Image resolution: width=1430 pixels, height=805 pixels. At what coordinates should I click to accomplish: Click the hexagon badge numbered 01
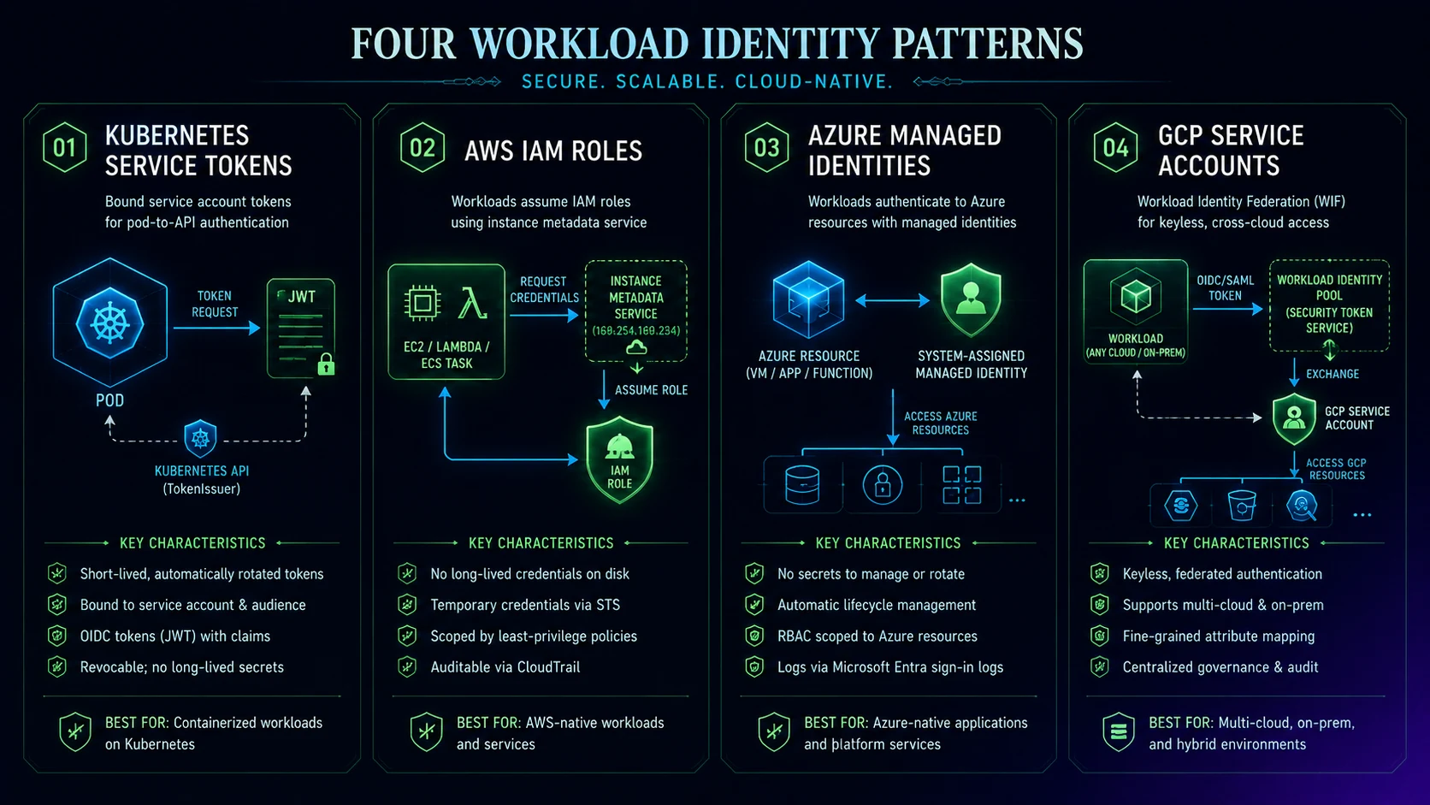[x=64, y=147]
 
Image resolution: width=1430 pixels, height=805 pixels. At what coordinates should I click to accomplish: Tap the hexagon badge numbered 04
[x=1115, y=147]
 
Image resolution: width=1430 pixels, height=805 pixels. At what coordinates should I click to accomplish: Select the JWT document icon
[x=301, y=329]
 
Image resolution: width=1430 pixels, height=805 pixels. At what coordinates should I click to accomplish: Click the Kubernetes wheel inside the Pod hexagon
[x=109, y=323]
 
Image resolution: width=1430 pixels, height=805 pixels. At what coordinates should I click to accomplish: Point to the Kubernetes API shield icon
[x=200, y=439]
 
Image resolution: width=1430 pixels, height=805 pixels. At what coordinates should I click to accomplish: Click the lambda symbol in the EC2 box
[x=472, y=303]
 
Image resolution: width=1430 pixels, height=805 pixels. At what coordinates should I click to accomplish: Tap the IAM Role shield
[x=619, y=459]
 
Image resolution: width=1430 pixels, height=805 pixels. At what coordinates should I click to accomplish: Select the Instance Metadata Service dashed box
[x=635, y=311]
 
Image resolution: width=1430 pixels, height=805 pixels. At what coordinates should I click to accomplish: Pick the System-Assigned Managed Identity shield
[x=971, y=299]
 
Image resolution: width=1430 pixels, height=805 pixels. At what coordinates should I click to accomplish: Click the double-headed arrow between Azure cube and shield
[x=893, y=300]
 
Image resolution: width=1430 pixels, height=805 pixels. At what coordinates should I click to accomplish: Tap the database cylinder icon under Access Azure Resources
[x=802, y=486]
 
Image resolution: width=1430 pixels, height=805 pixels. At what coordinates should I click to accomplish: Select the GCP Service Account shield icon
[x=1294, y=419]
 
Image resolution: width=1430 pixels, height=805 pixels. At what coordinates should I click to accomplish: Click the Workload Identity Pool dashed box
[x=1329, y=305]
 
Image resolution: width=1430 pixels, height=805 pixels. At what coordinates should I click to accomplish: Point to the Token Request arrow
[x=217, y=329]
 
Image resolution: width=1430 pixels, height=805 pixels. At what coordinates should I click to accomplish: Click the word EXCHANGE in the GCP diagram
[x=1332, y=374]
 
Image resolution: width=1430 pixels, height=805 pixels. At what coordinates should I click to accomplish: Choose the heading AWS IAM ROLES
[x=552, y=151]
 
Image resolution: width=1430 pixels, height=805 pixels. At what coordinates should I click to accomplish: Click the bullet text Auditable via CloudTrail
[x=505, y=667]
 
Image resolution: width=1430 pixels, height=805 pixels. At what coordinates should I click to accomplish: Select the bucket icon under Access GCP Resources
[x=1242, y=506]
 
